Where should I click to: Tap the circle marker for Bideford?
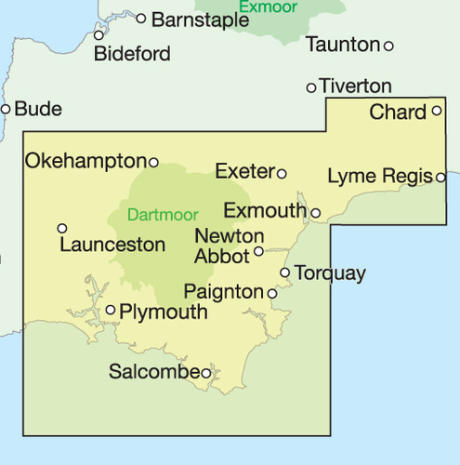[x=99, y=35]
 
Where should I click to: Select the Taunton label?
[x=343, y=45]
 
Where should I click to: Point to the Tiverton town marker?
[x=311, y=87]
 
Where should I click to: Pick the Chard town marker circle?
[x=437, y=111]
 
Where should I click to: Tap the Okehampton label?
[x=85, y=161]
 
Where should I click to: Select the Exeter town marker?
[x=282, y=173]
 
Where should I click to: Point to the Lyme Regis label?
[x=380, y=176]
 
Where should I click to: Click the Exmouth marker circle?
[x=316, y=213]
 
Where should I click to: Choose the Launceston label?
[x=112, y=246]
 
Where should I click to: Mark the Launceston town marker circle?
[x=62, y=228]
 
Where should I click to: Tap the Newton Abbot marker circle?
[x=259, y=250]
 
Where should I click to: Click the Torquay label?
[x=330, y=273]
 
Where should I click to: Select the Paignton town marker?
[x=272, y=293]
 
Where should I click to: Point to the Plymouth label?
[x=164, y=312]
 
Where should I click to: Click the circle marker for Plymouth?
[x=111, y=310]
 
